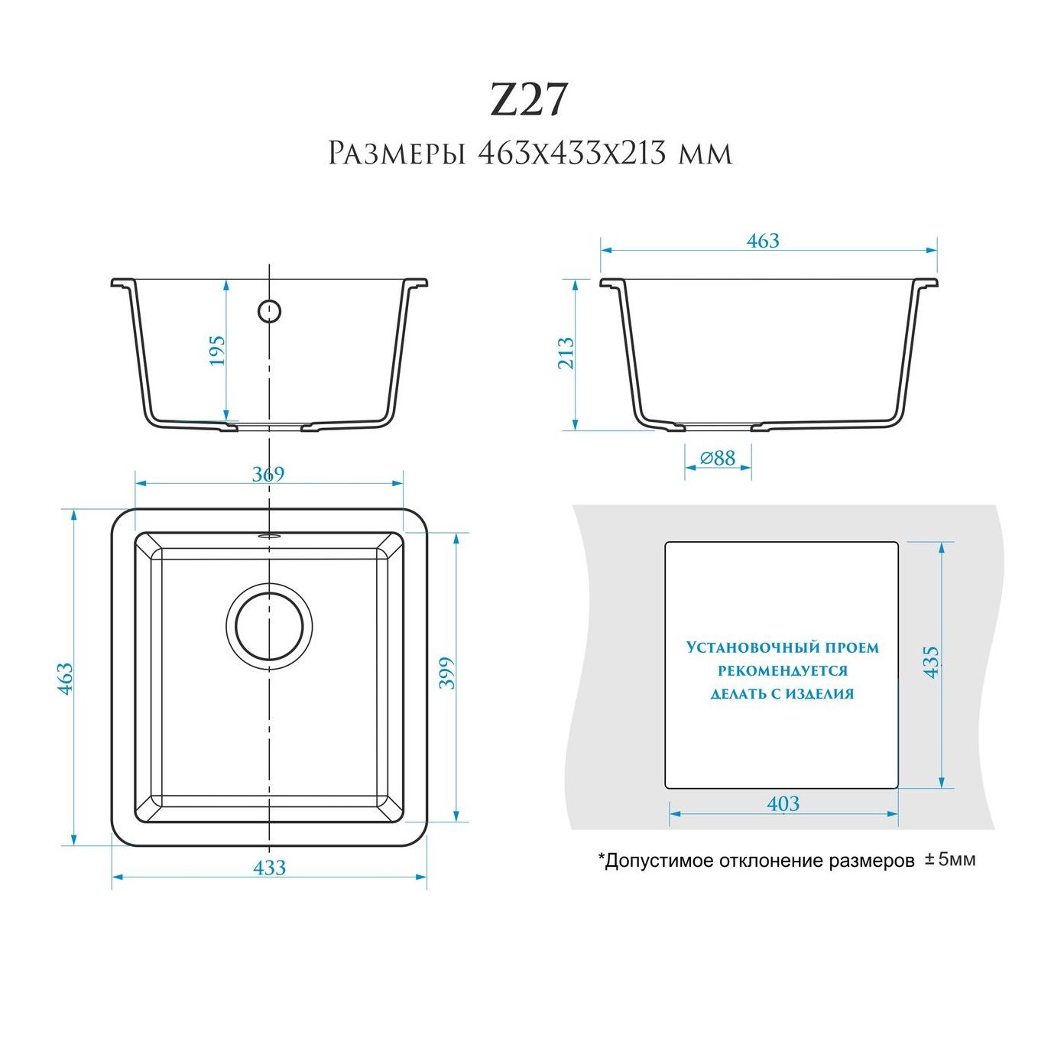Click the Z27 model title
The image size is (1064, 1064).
point(528,100)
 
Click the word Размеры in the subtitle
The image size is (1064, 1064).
point(395,154)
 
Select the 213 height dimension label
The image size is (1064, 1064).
point(566,352)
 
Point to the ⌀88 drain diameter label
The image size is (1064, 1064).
point(718,457)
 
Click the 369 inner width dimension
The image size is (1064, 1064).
point(268,474)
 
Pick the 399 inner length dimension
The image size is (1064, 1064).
point(446,673)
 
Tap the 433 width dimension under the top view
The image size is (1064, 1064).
point(270,868)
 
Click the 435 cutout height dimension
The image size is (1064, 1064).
point(930,662)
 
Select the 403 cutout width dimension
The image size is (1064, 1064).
point(783,803)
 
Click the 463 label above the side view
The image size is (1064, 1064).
point(763,240)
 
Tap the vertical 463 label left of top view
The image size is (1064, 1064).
point(65,678)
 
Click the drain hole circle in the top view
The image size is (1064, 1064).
point(269,626)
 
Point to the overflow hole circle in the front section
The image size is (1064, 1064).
point(269,311)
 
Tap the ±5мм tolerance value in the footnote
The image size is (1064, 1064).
point(951,860)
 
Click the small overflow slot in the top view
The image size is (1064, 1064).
point(269,535)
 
